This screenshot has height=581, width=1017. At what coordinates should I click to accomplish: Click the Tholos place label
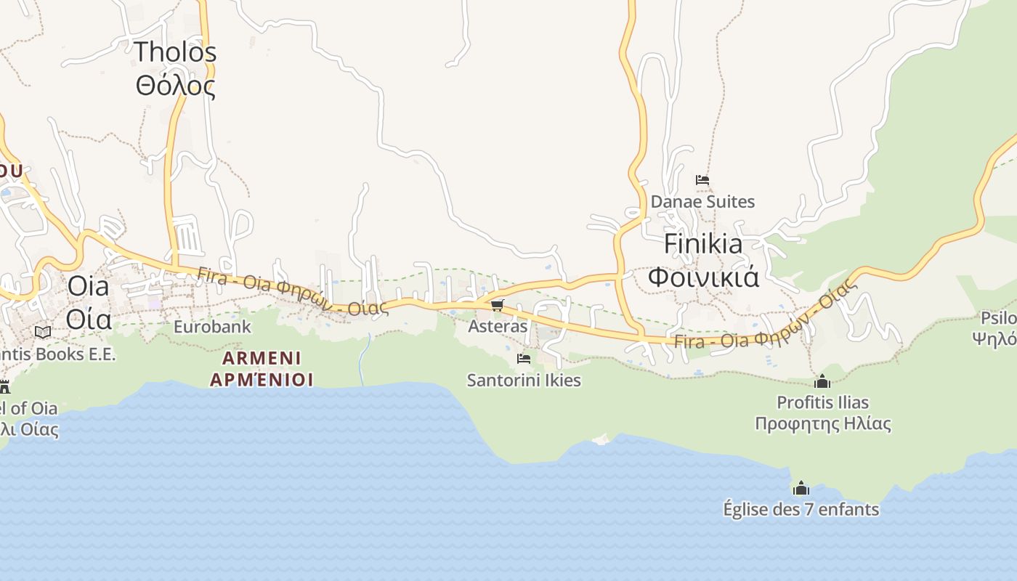(176, 52)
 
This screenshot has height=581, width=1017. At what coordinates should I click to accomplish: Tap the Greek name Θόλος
(176, 86)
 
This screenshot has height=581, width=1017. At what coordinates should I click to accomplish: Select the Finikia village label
(703, 244)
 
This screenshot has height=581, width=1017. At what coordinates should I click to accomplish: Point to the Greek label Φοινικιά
(703, 277)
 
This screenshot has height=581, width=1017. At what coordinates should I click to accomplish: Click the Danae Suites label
(702, 201)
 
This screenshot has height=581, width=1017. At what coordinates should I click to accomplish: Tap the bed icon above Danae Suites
(702, 179)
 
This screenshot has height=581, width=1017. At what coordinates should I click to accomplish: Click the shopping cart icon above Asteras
(498, 305)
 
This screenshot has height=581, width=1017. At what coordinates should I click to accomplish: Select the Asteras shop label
(498, 326)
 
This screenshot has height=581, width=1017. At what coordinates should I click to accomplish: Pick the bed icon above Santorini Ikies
(523, 359)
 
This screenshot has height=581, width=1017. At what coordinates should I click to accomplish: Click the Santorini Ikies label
(524, 380)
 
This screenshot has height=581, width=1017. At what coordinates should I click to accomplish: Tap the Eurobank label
(212, 326)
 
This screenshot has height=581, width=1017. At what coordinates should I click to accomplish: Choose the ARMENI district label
(262, 358)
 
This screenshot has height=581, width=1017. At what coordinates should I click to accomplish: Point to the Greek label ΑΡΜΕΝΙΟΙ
(262, 379)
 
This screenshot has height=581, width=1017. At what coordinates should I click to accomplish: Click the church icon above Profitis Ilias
(822, 381)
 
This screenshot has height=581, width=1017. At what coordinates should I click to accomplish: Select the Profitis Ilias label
(822, 402)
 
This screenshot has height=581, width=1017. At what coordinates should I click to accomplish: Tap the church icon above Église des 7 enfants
(801, 487)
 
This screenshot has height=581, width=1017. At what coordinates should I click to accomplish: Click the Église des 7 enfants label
(801, 509)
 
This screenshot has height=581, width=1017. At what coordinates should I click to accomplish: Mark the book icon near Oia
(43, 332)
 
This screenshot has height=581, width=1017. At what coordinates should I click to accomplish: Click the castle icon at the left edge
(4, 386)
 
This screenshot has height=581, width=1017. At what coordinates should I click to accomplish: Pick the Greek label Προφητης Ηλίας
(822, 423)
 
